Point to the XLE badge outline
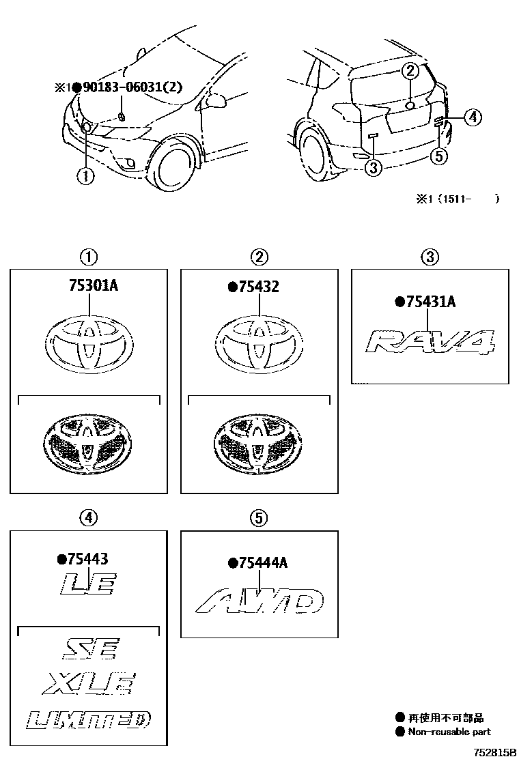click(x=88, y=683)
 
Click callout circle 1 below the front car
click(x=85, y=176)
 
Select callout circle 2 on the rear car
click(x=409, y=70)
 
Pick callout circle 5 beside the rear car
click(x=440, y=156)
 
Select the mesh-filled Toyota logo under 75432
click(x=259, y=444)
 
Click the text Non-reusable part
click(x=449, y=732)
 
